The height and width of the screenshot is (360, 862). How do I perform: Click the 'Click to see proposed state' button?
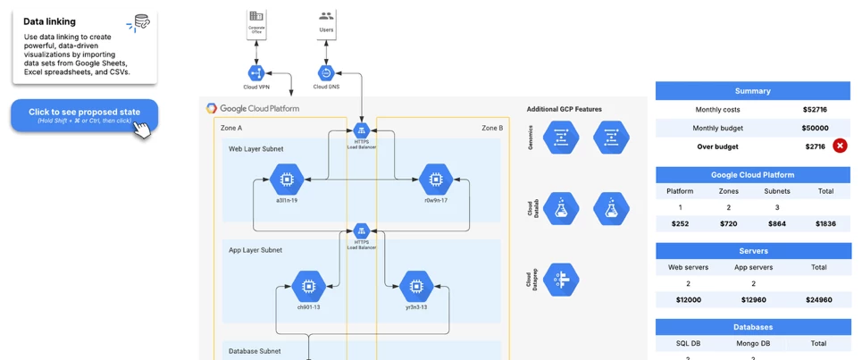(84, 115)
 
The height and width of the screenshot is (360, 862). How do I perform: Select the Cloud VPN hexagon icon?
(255, 73)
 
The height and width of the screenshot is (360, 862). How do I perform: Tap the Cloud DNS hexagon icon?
(326, 73)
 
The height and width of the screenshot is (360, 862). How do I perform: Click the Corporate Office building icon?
(256, 17)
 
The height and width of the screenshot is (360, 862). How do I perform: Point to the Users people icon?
(326, 16)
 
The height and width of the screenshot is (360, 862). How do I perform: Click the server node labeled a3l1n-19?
(287, 180)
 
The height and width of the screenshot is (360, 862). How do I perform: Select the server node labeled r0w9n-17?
(436, 180)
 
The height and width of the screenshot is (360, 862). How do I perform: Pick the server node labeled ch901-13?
(308, 287)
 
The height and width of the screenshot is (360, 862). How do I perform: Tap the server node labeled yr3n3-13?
(415, 287)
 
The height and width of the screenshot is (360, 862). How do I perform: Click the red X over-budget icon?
(840, 146)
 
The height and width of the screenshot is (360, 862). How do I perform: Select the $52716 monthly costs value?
(814, 110)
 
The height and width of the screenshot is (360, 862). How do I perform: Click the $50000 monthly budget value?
(814, 128)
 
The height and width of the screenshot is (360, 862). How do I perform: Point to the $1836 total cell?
(825, 223)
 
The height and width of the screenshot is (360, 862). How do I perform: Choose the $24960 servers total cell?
(818, 299)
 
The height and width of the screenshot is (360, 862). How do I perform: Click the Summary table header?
(752, 90)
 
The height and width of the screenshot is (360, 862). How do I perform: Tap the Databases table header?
(752, 327)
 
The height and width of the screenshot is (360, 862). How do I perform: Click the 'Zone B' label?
(492, 128)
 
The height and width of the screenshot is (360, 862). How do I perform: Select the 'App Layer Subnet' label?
(255, 250)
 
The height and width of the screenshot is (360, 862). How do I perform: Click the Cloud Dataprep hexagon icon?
(562, 280)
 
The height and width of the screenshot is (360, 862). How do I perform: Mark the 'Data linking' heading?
(49, 21)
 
